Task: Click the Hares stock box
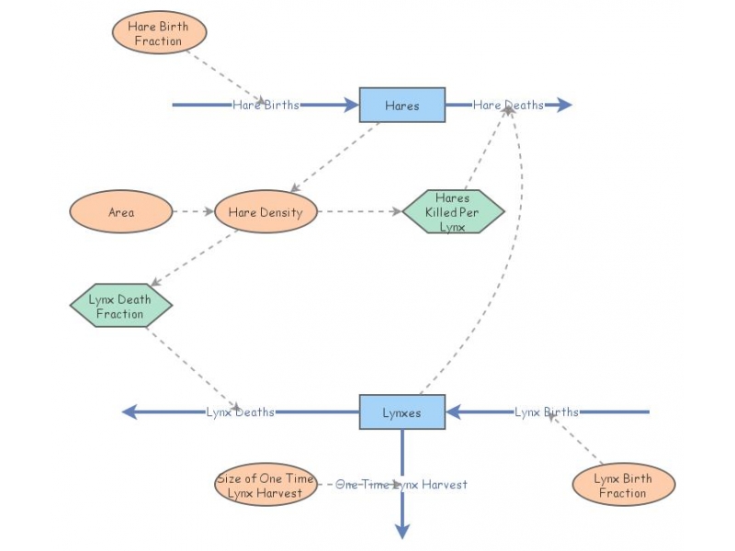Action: [401, 105]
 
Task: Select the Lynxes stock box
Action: [401, 412]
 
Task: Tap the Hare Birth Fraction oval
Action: [159, 34]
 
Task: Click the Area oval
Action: [121, 212]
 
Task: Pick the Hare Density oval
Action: [266, 212]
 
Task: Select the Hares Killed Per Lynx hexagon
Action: [453, 212]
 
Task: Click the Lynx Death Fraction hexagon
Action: [121, 306]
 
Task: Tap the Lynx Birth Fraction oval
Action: [623, 485]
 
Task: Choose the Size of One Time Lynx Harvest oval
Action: [266, 485]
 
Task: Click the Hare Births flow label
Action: [266, 105]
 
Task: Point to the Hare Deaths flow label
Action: [508, 105]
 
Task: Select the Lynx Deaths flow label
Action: [240, 412]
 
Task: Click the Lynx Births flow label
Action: [547, 412]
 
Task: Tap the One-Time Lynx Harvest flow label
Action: [401, 484]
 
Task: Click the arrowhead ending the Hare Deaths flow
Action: [564, 105]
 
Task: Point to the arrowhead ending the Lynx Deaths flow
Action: [130, 412]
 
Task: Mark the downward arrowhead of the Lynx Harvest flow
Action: [401, 531]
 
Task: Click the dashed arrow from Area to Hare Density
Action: [193, 212]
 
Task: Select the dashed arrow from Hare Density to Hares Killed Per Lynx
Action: [358, 212]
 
